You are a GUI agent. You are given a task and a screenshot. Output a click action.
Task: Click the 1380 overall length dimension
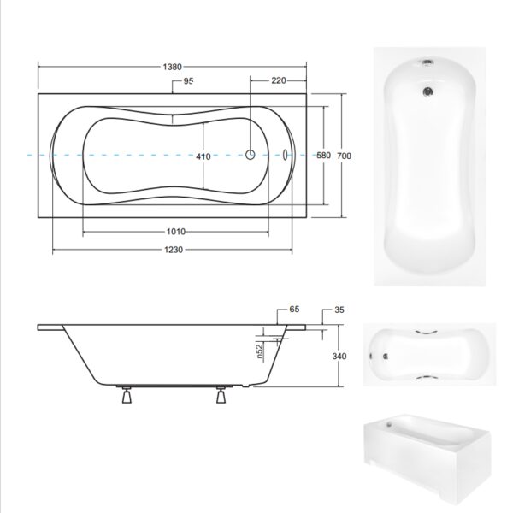pyautogui.click(x=172, y=67)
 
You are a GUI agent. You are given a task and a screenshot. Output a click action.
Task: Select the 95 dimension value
pyautogui.click(x=188, y=80)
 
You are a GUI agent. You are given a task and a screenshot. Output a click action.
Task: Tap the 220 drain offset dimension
pyautogui.click(x=279, y=80)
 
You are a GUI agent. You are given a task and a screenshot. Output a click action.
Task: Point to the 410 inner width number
pyautogui.click(x=203, y=156)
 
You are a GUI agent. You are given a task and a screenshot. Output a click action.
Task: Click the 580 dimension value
pyautogui.click(x=323, y=155)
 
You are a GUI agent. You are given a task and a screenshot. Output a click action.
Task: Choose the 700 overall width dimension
pyautogui.click(x=344, y=156)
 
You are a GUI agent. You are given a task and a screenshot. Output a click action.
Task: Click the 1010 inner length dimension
pyautogui.click(x=176, y=232)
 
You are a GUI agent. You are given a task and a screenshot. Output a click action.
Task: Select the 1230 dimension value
pyautogui.click(x=174, y=250)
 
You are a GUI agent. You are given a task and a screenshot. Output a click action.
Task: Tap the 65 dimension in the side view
pyautogui.click(x=294, y=310)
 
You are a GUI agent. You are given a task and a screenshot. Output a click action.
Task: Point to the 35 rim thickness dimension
pyautogui.click(x=339, y=310)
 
